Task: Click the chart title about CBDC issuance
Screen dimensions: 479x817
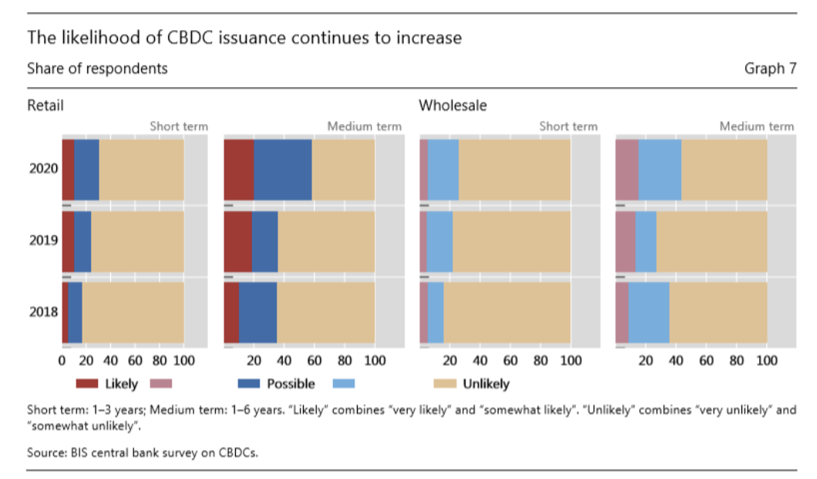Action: (244, 37)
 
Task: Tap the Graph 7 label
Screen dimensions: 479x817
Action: (770, 69)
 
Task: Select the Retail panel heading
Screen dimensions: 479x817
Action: (45, 106)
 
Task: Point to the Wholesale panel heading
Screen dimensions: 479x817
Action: (452, 106)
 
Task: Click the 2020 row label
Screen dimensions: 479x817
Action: (44, 168)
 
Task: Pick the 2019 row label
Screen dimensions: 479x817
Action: (44, 240)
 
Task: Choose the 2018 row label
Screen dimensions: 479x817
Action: (44, 312)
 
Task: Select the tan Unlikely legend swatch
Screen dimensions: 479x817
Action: (445, 383)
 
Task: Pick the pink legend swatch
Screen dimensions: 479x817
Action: (160, 383)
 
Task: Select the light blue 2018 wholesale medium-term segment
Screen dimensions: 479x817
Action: (649, 312)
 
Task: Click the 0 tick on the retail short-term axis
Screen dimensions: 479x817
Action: (62, 360)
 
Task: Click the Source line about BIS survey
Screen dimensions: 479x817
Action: (143, 453)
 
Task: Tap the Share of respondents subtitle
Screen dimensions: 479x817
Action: (97, 69)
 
